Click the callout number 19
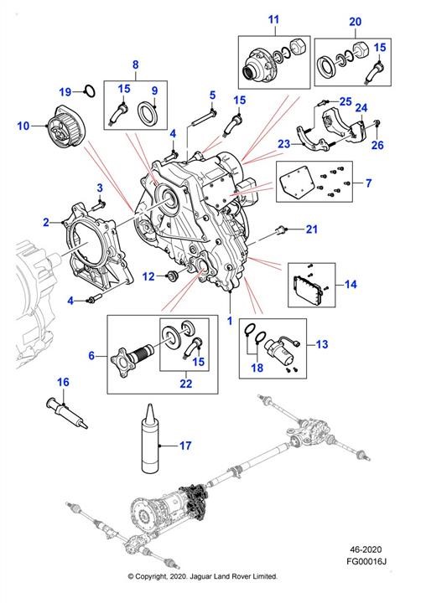point(65,92)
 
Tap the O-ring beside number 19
point(90,91)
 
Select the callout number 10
point(23,126)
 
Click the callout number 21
point(312,229)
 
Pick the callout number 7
point(369,183)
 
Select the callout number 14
point(351,285)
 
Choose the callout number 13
point(322,344)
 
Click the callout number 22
point(185,384)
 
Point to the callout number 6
point(91,355)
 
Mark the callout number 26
point(377,145)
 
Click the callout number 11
point(273,19)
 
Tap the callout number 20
point(355,22)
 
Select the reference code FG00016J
point(366,561)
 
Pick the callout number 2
point(46,222)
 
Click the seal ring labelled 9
point(147,111)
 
